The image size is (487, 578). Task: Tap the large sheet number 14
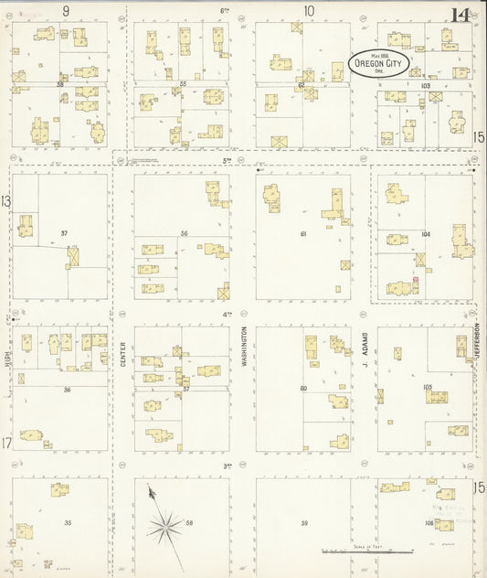click(x=461, y=14)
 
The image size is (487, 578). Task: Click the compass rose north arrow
click(x=164, y=521)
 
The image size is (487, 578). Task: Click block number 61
click(x=303, y=234)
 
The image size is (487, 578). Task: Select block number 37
click(x=64, y=234)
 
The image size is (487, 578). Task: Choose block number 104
click(x=425, y=234)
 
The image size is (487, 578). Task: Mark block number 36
click(x=67, y=390)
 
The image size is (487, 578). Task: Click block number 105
click(x=427, y=388)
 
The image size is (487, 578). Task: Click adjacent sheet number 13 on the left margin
click(x=6, y=200)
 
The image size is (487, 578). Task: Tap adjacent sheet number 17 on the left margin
click(x=6, y=444)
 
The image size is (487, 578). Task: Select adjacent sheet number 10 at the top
click(x=309, y=11)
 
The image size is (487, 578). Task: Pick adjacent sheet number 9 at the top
click(x=66, y=11)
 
